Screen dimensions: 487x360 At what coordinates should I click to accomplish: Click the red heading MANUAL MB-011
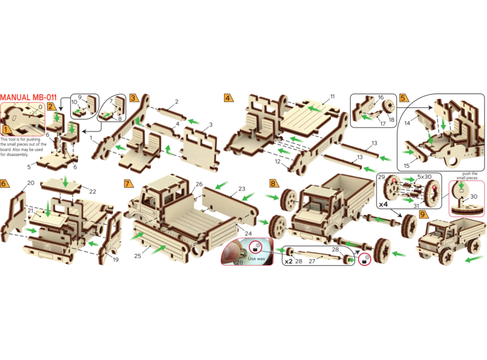point(28,97)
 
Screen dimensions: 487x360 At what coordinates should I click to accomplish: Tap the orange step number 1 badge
point(6,129)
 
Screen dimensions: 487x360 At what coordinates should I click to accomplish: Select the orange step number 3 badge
point(134,98)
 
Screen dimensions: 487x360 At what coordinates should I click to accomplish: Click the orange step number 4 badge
point(229,98)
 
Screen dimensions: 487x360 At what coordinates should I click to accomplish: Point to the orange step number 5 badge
point(404,98)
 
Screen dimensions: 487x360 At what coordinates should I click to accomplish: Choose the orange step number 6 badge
point(4,183)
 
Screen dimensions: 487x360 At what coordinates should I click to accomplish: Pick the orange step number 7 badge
point(128,183)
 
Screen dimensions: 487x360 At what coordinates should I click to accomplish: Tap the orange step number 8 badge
point(273,183)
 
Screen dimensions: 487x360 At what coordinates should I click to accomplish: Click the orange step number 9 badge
point(423,214)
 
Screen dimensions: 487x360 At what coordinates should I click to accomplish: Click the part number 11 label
point(332,97)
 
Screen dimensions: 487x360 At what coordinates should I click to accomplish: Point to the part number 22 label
point(92,192)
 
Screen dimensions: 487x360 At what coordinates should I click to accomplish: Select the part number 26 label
point(199,184)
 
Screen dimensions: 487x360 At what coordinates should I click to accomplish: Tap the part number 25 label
point(137,256)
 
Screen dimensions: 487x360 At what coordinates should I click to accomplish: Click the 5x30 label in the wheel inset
point(424,177)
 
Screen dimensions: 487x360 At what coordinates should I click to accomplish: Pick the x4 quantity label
point(383,205)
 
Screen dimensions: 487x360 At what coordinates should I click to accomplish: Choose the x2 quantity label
point(289,261)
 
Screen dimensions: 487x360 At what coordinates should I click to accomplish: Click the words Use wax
point(256,258)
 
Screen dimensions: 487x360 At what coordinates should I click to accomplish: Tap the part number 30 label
point(474,197)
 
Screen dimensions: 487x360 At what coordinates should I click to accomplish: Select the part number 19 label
point(115,260)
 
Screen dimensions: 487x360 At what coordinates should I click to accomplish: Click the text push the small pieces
point(467,176)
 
